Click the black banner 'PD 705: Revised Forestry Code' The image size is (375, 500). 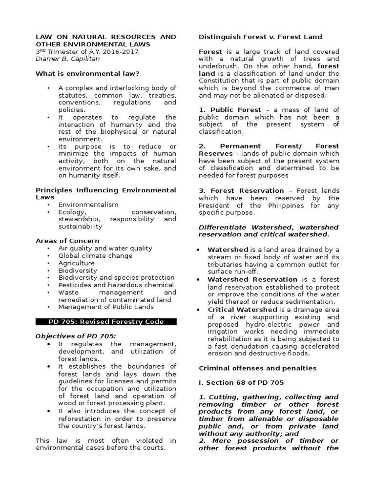point(106,322)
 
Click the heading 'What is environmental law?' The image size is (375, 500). point(88,73)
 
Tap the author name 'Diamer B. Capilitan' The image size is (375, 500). point(68,59)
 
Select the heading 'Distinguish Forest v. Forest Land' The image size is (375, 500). point(260,37)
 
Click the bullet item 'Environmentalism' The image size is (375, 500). point(88,205)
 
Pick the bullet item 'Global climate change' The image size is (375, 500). point(95,255)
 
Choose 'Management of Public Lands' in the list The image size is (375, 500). point(106,307)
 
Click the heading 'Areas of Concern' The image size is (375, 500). point(67,241)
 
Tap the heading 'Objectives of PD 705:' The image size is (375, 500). point(76,336)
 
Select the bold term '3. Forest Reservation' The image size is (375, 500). point(241,190)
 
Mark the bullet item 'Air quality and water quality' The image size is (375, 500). point(105,248)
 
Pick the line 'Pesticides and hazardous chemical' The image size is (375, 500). point(116,285)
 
